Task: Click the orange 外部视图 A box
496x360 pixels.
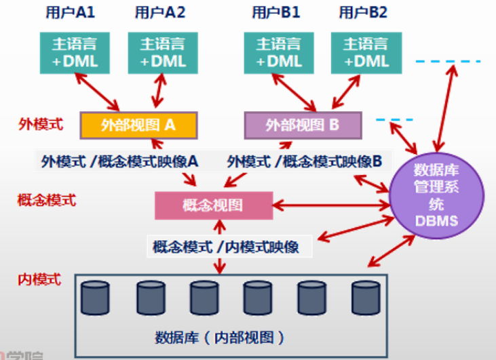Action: click(138, 125)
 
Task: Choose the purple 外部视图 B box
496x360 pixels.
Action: click(303, 125)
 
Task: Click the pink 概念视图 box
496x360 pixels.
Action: click(213, 205)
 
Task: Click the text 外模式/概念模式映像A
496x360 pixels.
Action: click(119, 161)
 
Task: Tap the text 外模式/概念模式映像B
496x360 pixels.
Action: click(305, 161)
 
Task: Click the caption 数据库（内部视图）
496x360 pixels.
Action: click(219, 336)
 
